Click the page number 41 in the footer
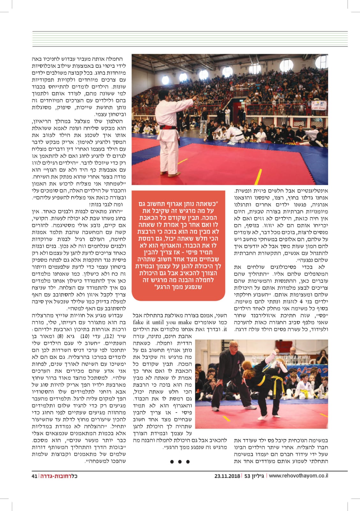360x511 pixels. (34, 476)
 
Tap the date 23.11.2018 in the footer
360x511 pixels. (227, 476)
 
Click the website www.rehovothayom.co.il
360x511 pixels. (298, 476)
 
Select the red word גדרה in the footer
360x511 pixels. (47, 476)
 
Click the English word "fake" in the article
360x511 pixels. (139, 322)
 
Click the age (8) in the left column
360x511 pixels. (60, 336)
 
